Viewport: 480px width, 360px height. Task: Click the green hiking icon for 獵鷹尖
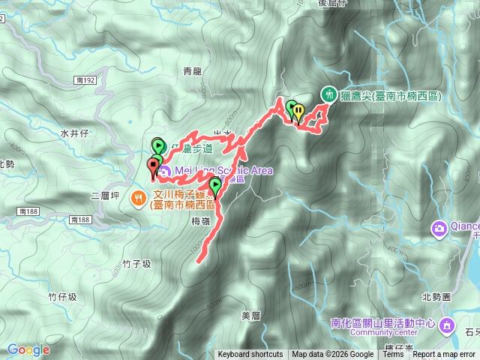tap(328, 94)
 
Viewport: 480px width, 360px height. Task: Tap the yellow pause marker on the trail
tap(298, 111)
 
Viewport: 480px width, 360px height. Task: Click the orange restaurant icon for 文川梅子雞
tap(139, 198)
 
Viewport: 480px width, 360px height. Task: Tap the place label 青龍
tap(193, 72)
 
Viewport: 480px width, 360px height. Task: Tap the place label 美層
tap(250, 316)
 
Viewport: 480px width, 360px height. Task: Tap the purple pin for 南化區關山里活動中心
tap(448, 324)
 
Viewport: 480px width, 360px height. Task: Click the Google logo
tap(28, 349)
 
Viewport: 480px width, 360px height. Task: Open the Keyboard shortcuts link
tap(250, 355)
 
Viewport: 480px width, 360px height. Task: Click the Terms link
tap(393, 355)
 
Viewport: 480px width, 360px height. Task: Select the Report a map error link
tap(444, 355)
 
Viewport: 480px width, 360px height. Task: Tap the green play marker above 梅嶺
tap(215, 185)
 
